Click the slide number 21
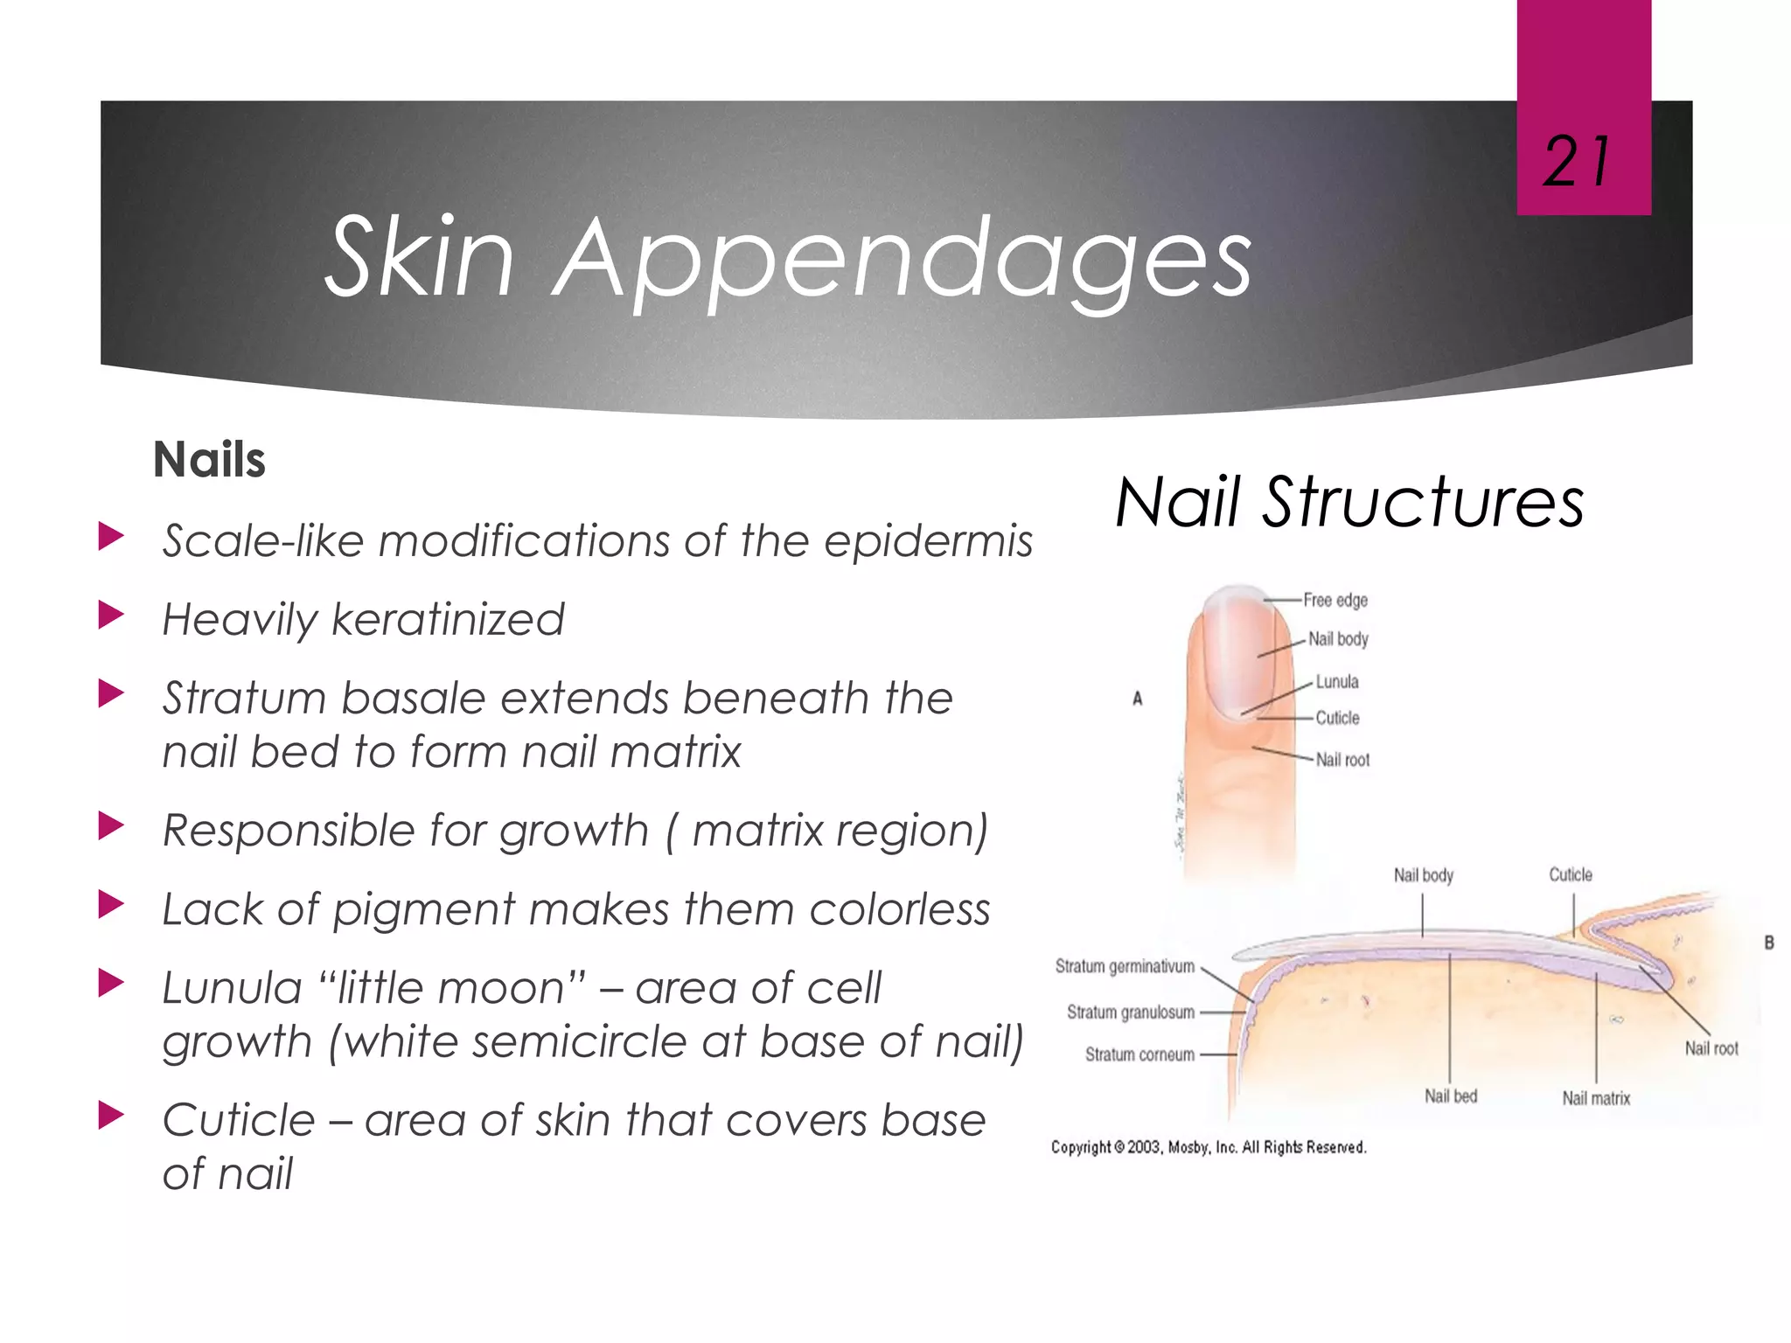[1577, 163]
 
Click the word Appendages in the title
[903, 257]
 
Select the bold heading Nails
[209, 460]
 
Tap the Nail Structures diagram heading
[1349, 503]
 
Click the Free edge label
[1335, 601]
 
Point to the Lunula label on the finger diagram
[1337, 682]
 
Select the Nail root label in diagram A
[1342, 761]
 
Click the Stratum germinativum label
[1125, 967]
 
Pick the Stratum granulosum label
[1130, 1012]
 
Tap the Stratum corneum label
[1139, 1055]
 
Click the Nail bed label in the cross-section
[1451, 1096]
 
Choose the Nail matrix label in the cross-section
[1596, 1099]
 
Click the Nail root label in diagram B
[1711, 1048]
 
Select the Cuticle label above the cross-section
[1571, 875]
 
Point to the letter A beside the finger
[1138, 699]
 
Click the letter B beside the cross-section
[1769, 943]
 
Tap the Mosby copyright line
[1209, 1147]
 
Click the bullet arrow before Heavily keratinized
[112, 616]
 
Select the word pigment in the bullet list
[424, 910]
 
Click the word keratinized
[449, 620]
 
